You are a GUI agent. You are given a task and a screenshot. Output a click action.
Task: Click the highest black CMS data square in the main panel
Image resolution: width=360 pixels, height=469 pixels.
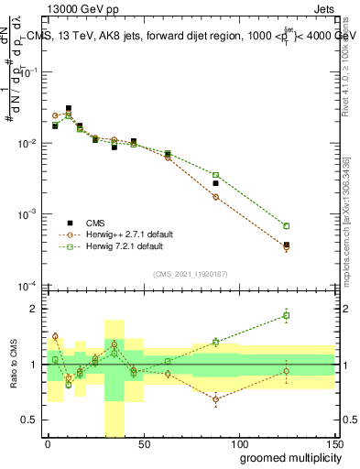[x=69, y=109]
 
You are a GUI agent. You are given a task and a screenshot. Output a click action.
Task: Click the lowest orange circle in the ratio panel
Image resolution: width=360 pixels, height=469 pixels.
[x=215, y=399]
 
